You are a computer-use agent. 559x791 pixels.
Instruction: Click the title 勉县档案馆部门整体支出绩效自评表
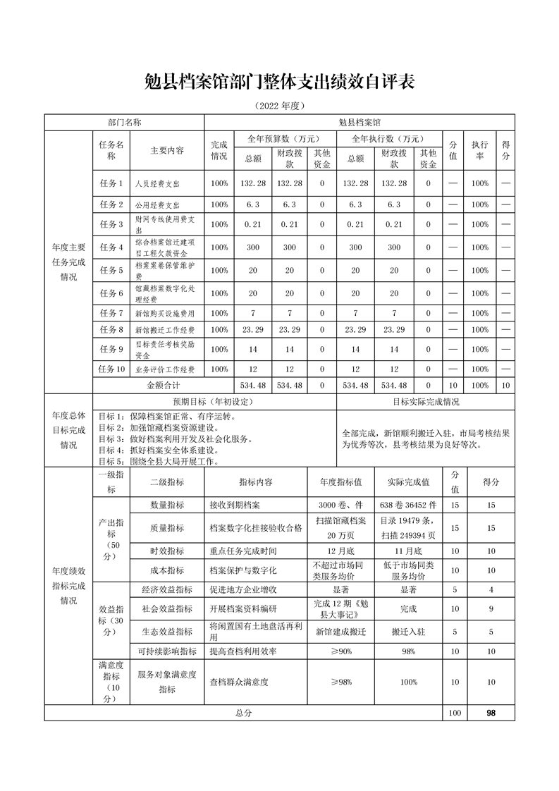[x=279, y=82]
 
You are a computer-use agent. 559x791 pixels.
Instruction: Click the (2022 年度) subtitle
[x=279, y=106]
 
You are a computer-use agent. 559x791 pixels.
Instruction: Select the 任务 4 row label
[x=111, y=247]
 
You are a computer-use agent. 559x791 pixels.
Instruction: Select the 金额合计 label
[x=164, y=386]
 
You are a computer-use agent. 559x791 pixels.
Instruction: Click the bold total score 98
[x=491, y=713]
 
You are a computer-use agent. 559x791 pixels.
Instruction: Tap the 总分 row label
[x=243, y=713]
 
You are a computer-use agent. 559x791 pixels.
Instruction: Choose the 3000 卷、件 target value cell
[x=340, y=505]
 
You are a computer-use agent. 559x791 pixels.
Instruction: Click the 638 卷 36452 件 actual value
[x=408, y=505]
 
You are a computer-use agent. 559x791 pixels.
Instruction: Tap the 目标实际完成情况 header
[x=426, y=402]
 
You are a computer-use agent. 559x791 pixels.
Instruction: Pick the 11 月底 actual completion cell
[x=408, y=551]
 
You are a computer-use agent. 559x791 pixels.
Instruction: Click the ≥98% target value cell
[x=340, y=682]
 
